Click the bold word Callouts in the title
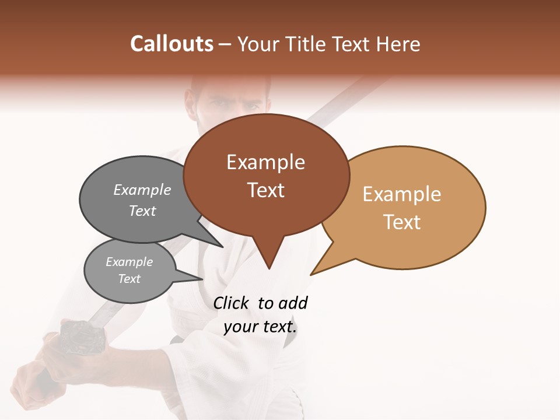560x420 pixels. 171,44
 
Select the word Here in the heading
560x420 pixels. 398,44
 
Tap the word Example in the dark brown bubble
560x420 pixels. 265,162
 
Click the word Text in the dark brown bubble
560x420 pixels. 265,190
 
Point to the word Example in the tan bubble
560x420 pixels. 402,194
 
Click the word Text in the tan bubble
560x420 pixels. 402,222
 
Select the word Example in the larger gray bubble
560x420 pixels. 142,190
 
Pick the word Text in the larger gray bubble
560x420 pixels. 142,211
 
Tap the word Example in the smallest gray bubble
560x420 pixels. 129,262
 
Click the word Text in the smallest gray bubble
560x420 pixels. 129,279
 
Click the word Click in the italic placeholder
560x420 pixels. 231,303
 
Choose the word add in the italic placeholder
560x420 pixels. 293,303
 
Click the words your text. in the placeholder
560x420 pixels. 260,327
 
